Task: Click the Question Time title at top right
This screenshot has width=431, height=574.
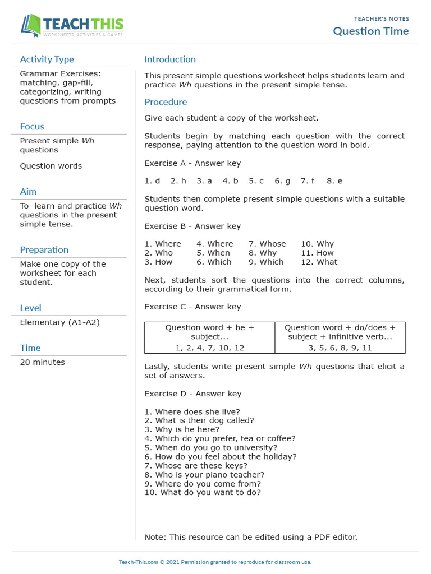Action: click(x=370, y=31)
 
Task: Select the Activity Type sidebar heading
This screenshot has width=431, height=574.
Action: click(x=47, y=59)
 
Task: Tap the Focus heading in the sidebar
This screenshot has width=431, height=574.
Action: click(x=32, y=127)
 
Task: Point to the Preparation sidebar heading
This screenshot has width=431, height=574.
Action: click(x=44, y=250)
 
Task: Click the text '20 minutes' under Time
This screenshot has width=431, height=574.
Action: click(x=42, y=362)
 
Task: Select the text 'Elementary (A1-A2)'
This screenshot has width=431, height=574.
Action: click(x=59, y=322)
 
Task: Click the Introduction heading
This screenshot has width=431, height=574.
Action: click(x=170, y=59)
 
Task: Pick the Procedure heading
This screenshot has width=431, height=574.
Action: click(x=166, y=102)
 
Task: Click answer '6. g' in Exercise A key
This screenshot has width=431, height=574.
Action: click(x=282, y=181)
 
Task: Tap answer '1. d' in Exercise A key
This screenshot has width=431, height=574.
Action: click(x=152, y=181)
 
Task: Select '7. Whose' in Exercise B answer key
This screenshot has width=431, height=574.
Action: click(x=267, y=244)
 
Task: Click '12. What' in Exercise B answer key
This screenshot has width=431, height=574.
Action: click(x=319, y=262)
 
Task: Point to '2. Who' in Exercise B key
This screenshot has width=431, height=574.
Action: click(x=159, y=253)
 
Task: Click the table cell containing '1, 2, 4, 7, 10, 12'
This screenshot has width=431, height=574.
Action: click(x=209, y=348)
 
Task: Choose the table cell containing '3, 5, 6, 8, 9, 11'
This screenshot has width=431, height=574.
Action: click(x=340, y=348)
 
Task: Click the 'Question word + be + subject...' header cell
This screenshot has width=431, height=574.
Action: click(x=209, y=332)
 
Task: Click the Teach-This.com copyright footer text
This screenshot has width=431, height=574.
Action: click(x=215, y=562)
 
